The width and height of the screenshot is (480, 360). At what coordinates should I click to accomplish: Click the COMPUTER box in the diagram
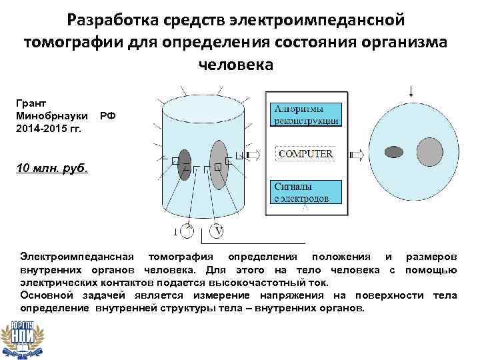pyautogui.click(x=305, y=154)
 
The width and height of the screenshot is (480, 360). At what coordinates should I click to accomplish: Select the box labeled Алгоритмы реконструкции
pyautogui.click(x=306, y=115)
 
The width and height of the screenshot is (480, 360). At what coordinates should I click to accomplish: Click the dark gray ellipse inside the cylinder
pyautogui.click(x=184, y=163)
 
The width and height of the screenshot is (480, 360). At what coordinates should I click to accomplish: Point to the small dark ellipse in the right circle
pyautogui.click(x=395, y=151)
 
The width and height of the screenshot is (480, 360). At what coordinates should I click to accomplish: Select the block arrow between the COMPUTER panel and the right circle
pyautogui.click(x=357, y=155)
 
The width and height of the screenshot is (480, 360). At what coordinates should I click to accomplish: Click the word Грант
pyautogui.click(x=31, y=104)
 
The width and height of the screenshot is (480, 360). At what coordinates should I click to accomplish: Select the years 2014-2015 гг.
pyautogui.click(x=51, y=127)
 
